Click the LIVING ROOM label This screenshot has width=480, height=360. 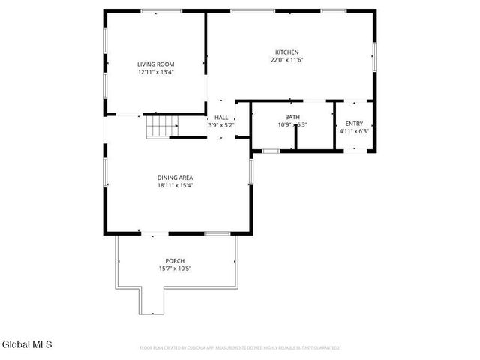tap(155, 65)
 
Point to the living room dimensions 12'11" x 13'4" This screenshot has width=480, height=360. tap(155, 73)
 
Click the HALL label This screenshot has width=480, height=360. tap(221, 118)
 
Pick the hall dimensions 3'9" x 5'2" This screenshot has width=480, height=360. tap(221, 125)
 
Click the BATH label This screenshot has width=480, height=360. tap(292, 117)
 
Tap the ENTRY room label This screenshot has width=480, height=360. tap(354, 124)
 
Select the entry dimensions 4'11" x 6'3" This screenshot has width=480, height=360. tap(354, 131)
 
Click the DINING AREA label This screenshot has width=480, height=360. tap(175, 177)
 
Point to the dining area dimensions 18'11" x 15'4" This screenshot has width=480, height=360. tap(175, 185)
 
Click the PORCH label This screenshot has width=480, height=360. tap(175, 260)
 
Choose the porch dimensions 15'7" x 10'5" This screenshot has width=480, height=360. tap(175, 268)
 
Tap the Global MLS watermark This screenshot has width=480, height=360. tap(28, 345)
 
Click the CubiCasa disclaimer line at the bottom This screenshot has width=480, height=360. tap(240, 348)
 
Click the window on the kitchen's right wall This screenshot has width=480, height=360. tap(373, 56)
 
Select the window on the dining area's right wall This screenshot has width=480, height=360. tap(251, 170)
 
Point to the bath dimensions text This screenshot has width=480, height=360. tap(292, 125)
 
